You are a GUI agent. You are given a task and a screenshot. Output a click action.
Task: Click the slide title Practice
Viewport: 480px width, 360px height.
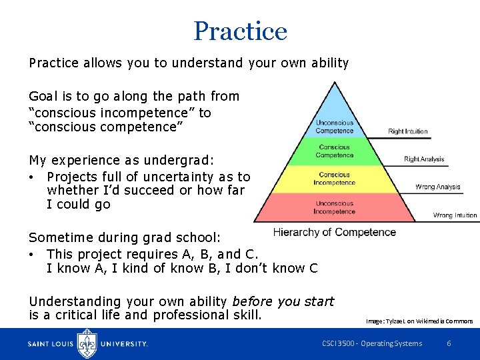(x=240, y=31)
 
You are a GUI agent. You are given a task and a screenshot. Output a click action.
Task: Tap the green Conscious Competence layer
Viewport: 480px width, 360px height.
(x=335, y=151)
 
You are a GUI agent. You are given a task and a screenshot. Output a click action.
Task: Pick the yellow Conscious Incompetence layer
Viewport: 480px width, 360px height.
(x=335, y=179)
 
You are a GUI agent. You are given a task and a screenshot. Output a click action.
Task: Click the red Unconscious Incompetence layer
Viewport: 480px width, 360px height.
(x=335, y=207)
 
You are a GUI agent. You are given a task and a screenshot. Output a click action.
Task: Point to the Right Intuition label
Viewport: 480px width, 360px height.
(x=408, y=131)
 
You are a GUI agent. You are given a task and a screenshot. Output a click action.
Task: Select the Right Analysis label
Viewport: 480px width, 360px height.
(x=424, y=159)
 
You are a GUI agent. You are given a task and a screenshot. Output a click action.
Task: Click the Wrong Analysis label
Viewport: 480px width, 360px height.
(x=438, y=187)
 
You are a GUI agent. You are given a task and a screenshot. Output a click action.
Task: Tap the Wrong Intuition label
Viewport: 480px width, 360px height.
(x=455, y=215)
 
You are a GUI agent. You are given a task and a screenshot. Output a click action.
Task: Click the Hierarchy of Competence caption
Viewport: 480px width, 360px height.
(x=335, y=232)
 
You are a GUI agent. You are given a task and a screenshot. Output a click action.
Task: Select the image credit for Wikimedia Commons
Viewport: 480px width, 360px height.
(x=419, y=321)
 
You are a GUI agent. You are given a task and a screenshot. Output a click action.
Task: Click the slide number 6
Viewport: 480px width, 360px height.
(x=449, y=343)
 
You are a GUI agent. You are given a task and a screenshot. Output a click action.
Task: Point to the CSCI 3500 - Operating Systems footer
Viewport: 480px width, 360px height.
(x=372, y=343)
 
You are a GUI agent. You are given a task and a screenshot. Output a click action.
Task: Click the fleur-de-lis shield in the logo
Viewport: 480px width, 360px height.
(x=87, y=343)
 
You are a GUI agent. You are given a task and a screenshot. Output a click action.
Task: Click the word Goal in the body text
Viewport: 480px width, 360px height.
(x=42, y=96)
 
